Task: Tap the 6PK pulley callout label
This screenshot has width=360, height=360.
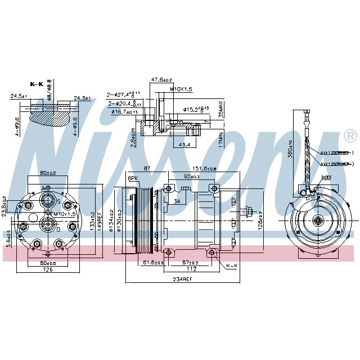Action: point(133,178)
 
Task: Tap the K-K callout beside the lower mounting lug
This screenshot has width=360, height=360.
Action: point(231,265)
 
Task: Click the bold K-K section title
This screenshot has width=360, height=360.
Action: point(37,84)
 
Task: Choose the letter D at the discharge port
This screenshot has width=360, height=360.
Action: point(58,229)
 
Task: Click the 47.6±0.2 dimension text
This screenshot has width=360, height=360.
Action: point(161,80)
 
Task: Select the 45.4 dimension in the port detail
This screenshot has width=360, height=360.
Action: point(183,145)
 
